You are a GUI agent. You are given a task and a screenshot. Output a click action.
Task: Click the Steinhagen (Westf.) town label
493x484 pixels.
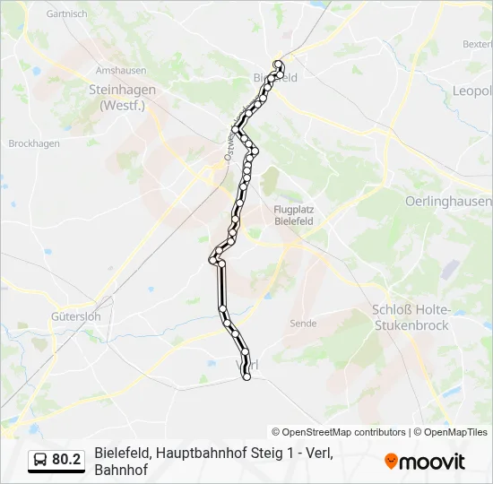tap(122, 97)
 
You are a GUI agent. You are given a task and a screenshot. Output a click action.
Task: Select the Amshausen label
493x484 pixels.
tap(120, 71)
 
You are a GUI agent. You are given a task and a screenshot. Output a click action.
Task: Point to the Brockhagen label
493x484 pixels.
tap(34, 143)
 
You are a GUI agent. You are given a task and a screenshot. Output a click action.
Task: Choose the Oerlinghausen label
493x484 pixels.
tap(448, 201)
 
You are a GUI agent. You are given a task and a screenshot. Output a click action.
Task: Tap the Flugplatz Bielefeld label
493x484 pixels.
tap(293, 214)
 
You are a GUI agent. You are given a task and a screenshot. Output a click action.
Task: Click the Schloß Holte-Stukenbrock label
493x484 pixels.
tap(410, 317)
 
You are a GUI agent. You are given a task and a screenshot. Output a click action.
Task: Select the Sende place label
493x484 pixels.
tap(304, 322)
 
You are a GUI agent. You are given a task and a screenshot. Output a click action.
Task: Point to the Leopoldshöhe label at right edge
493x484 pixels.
tap(472, 91)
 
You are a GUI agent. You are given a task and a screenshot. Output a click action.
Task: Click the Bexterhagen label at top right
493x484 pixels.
tap(478, 44)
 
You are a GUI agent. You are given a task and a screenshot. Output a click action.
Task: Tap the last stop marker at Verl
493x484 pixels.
tap(246, 377)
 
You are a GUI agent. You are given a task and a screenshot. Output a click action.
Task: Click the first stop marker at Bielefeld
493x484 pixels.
tap(279, 64)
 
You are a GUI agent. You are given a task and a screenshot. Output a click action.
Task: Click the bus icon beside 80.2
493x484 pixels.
tap(40, 460)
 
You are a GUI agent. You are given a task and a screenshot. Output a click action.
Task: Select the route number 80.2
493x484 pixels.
tap(66, 460)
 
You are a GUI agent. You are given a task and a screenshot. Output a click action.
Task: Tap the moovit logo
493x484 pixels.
tap(425, 462)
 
